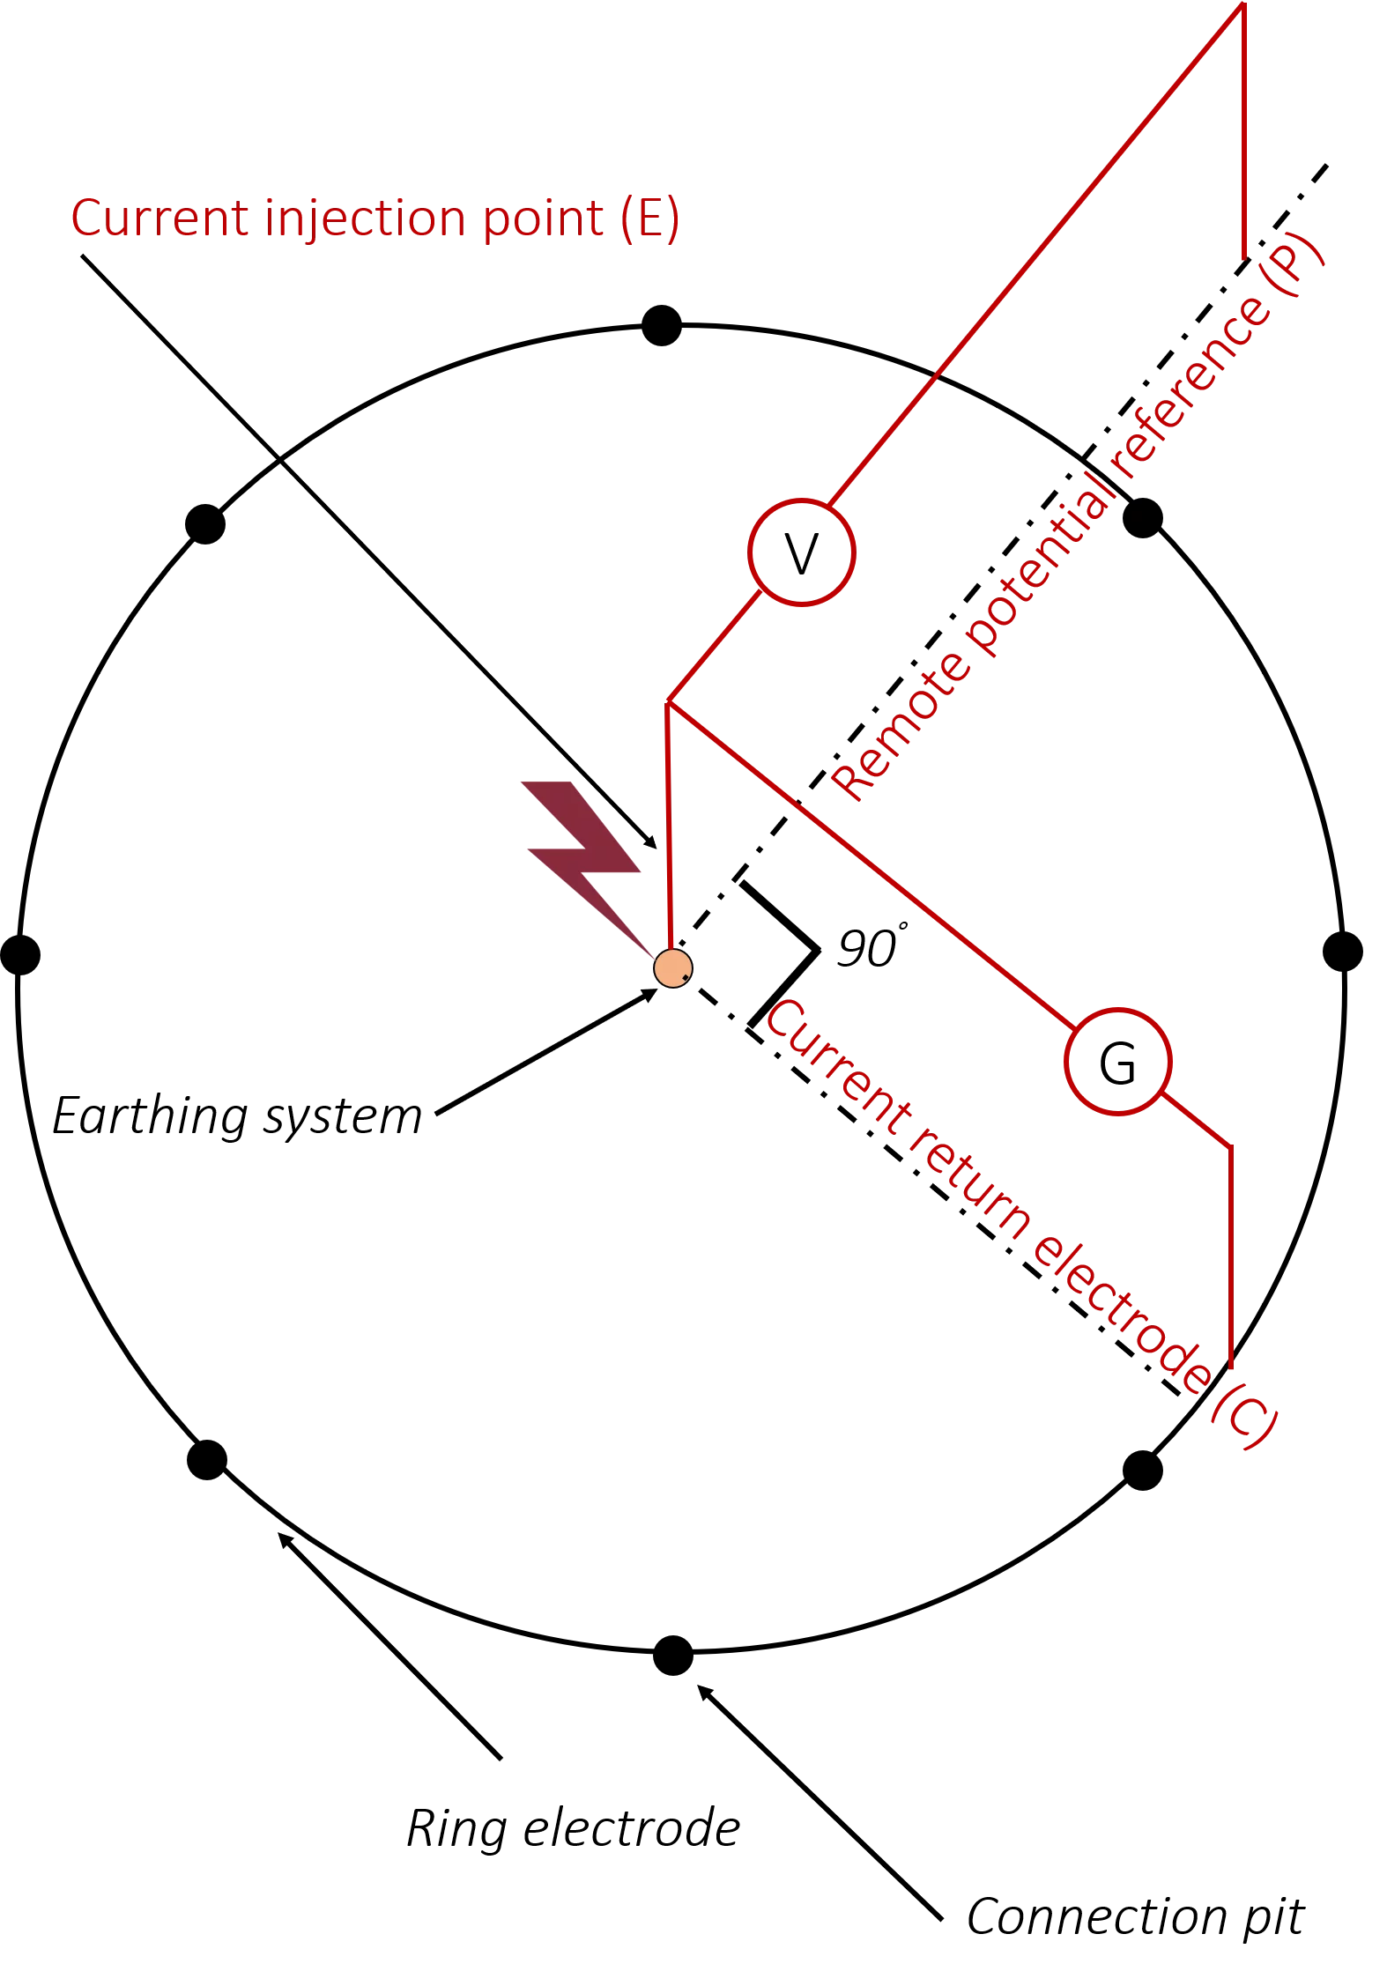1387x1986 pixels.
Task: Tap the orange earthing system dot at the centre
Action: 673,968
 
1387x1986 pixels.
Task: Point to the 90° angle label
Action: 871,948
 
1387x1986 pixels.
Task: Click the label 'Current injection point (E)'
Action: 375,218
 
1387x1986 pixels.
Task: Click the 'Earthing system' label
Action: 238,1116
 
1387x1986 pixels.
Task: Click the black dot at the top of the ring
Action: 662,325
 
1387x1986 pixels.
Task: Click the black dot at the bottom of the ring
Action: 673,1655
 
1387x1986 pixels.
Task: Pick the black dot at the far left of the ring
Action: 20,954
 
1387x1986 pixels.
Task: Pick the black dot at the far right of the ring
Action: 1343,952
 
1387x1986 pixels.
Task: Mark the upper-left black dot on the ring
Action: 205,524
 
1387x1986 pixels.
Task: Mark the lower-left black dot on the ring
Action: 207,1460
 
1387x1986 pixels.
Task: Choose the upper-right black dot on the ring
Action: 1143,517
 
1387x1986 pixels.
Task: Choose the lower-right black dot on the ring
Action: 1143,1471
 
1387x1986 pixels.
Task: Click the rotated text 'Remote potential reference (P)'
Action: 1077,516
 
